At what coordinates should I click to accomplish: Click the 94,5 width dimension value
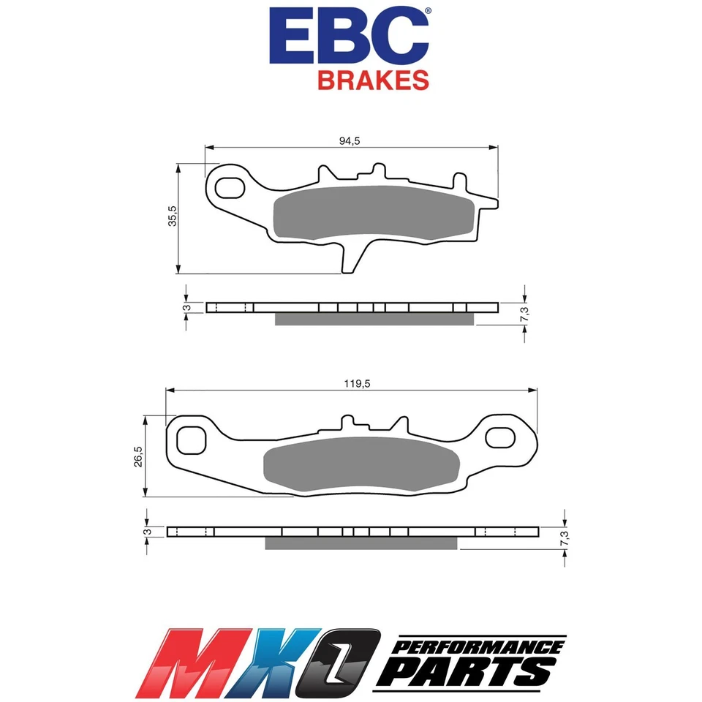pyautogui.click(x=350, y=142)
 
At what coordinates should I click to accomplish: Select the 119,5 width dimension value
pyautogui.click(x=351, y=383)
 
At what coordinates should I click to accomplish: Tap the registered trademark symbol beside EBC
pyautogui.click(x=428, y=12)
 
